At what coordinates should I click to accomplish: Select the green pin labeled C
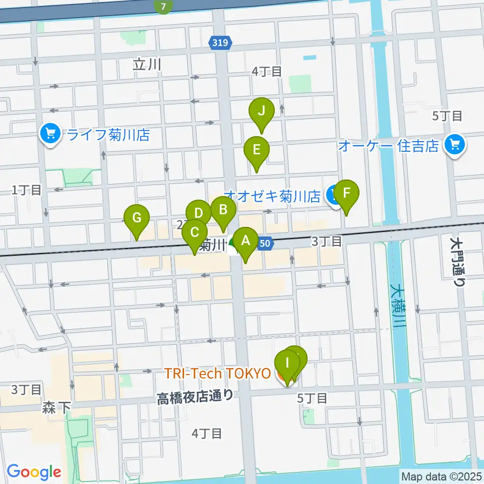(x=195, y=233)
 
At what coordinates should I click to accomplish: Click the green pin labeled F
(x=346, y=194)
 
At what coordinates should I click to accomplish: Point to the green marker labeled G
(x=137, y=219)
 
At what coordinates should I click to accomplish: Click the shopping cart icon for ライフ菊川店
(x=50, y=134)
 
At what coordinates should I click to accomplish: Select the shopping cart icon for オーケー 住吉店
(x=455, y=146)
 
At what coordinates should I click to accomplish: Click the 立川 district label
(x=147, y=64)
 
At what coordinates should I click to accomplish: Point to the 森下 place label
(x=56, y=408)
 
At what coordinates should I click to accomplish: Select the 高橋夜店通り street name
(x=195, y=398)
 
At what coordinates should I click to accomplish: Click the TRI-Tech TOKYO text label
(x=217, y=374)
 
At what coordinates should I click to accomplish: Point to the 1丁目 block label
(x=27, y=190)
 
